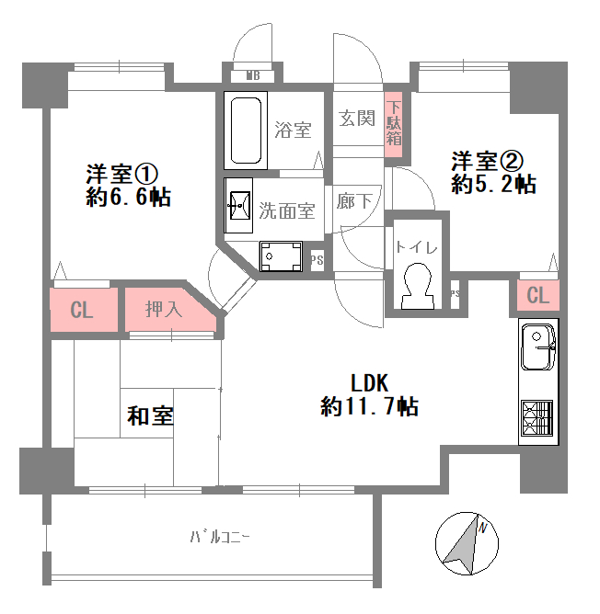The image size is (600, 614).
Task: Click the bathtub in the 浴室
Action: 246,131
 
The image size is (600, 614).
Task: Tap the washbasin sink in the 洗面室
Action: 238,206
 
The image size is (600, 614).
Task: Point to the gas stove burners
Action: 537,418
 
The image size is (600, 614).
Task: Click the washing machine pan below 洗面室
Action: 281,256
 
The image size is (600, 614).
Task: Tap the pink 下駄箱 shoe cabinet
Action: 394,123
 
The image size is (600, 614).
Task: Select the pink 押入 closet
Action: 169,310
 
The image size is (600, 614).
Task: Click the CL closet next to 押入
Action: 84,310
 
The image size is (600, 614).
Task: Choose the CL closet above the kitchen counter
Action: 538,295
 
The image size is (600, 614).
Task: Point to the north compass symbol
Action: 467,543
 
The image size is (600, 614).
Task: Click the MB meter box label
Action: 253,75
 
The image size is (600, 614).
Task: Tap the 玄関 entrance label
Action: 357,118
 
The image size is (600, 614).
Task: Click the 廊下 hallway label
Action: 354,201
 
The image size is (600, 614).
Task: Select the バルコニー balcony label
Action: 220,536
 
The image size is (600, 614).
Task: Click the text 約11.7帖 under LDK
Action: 370,406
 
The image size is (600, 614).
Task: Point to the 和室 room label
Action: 151,415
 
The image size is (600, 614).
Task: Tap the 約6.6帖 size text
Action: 129,197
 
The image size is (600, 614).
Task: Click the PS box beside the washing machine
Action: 317,260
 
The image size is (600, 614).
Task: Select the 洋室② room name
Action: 488,161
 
